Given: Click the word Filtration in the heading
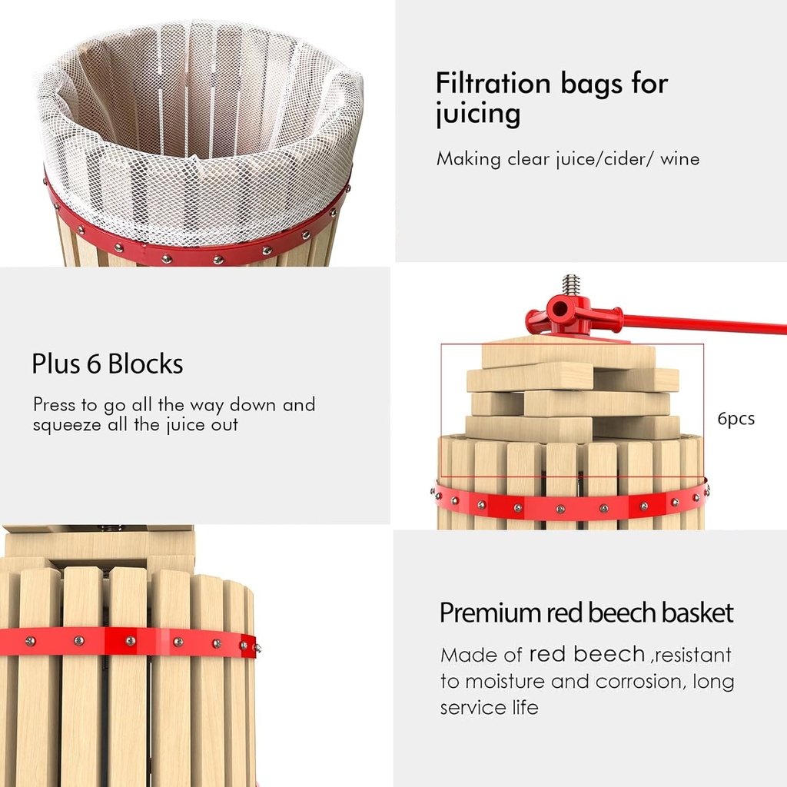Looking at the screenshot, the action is click(493, 82).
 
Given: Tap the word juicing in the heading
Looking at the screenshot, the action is click(478, 115).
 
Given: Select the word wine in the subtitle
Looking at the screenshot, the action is click(679, 159).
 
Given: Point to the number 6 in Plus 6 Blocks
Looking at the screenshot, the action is click(93, 364).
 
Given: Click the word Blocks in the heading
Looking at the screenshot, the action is click(145, 364).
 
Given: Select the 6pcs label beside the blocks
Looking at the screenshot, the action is click(736, 419).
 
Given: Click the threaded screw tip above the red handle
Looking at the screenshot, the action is click(571, 285).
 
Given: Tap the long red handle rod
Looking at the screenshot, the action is click(702, 324).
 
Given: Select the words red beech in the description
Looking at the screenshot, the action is click(586, 654).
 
